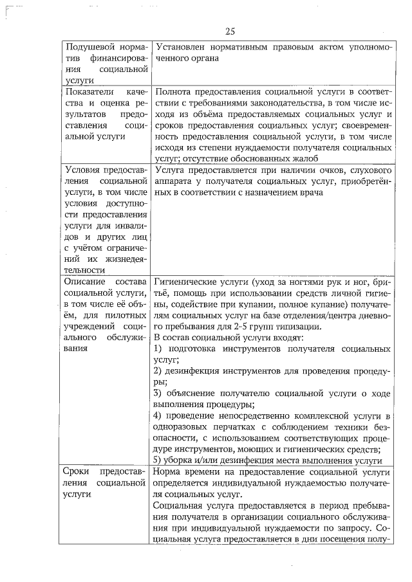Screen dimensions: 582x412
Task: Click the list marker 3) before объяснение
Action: tap(160, 393)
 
